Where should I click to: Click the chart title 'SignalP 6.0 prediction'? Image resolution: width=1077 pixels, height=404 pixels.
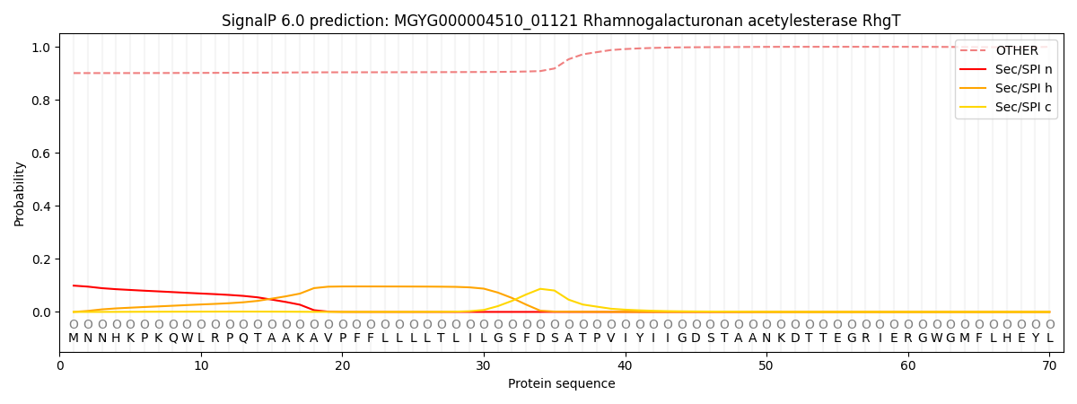[561, 21]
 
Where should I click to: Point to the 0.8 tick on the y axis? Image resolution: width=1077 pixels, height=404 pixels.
[39, 101]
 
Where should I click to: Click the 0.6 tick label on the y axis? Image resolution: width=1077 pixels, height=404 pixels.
[39, 154]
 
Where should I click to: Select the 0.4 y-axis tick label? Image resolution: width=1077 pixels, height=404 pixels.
[39, 206]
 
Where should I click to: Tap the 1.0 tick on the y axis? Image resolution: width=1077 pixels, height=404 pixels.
[39, 48]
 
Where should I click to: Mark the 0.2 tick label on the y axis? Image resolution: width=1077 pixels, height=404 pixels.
[39, 259]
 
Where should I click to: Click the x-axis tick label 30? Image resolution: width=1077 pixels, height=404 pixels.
[484, 366]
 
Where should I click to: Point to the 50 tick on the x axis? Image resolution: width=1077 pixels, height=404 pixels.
[766, 366]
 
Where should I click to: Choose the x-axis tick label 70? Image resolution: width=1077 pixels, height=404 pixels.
[1049, 366]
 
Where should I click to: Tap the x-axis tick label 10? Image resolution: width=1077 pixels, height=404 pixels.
[201, 366]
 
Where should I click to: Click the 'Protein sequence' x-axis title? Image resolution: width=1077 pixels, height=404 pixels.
[561, 384]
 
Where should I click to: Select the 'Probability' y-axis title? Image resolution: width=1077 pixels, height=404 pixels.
[20, 193]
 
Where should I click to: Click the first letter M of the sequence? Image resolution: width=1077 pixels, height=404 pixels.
[74, 338]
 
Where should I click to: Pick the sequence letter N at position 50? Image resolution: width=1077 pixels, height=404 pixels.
[766, 338]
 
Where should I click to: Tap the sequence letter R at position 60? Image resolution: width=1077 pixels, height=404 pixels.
[908, 338]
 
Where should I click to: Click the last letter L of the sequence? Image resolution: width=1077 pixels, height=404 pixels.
[1049, 338]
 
